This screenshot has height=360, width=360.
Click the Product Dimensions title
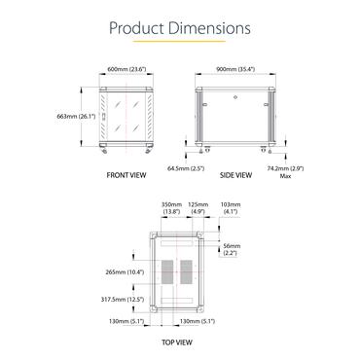(x=180, y=28)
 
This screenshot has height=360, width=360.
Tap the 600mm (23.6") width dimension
(x=126, y=69)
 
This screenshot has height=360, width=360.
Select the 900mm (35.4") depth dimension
(x=235, y=69)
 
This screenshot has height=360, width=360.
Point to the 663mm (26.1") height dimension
(x=76, y=116)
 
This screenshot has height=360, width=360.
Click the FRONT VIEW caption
(x=126, y=175)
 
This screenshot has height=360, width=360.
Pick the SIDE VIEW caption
(x=235, y=175)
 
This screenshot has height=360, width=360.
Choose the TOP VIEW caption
(x=177, y=342)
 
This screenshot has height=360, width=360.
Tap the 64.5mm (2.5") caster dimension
(x=186, y=168)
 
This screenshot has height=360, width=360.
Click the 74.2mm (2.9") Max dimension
(x=285, y=172)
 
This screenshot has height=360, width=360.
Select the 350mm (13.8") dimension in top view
(x=171, y=208)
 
